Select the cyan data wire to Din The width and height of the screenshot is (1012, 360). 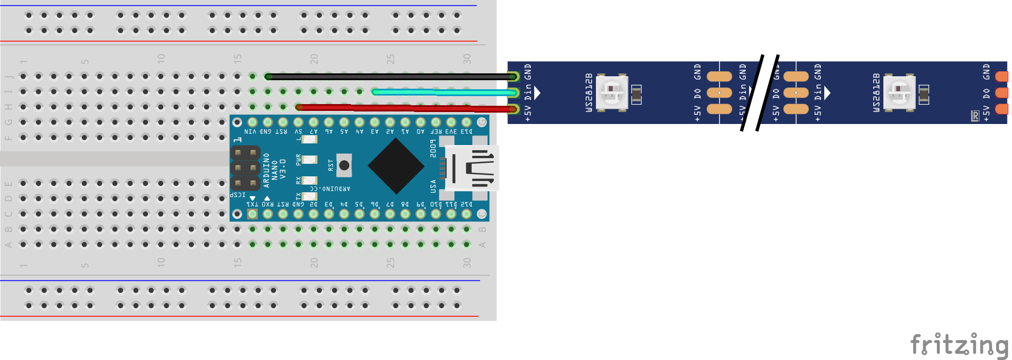444,92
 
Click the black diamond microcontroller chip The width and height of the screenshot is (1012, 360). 396,166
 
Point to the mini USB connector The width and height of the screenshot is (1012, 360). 472,168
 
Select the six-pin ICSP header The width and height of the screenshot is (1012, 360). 246,168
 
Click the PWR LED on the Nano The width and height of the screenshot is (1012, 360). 309,160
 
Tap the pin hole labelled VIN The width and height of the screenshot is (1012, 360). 253,122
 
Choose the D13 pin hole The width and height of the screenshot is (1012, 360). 466,122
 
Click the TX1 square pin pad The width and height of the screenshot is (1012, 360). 253,214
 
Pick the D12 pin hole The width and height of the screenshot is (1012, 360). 466,214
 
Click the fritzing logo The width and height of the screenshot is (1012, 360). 959,344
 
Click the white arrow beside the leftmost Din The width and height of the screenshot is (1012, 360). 537,92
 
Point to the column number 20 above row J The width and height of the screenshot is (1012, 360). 314,59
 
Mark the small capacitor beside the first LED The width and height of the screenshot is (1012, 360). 637,94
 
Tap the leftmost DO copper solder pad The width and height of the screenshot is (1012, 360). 719,92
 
